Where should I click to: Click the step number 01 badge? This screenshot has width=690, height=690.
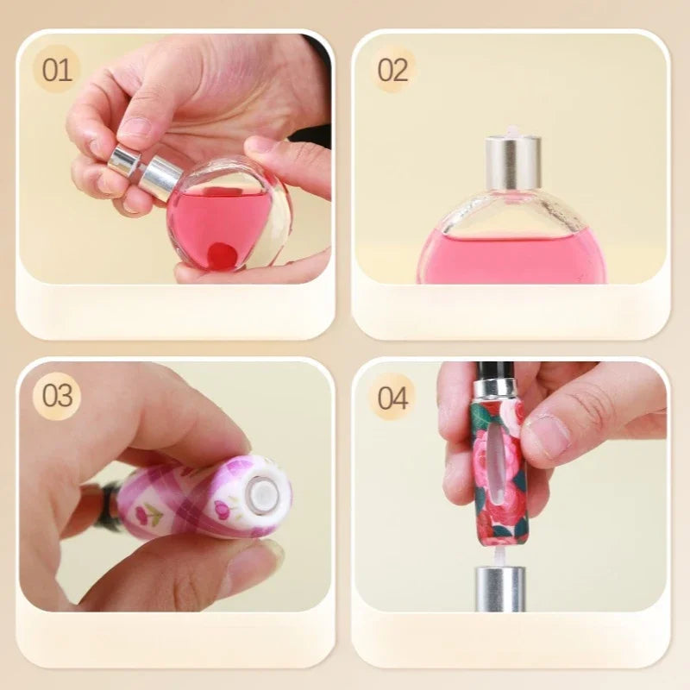(57, 70)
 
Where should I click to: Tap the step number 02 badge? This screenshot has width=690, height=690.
(392, 70)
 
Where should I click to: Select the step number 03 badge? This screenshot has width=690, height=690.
(57, 396)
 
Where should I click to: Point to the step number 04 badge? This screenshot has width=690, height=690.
(392, 398)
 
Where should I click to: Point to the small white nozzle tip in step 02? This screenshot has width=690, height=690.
(511, 131)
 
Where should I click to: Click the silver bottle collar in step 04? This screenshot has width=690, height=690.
(500, 589)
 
